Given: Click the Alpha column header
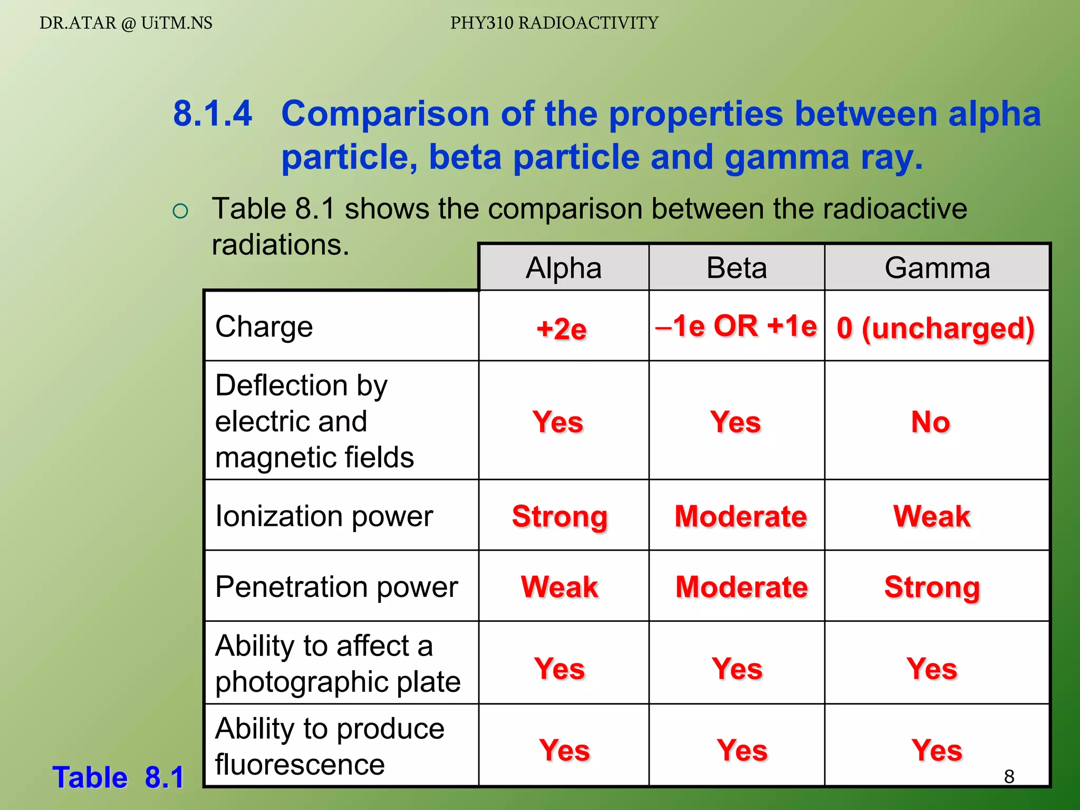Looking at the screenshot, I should (x=563, y=268).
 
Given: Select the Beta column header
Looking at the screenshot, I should (x=736, y=268).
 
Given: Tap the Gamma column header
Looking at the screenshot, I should (x=937, y=268).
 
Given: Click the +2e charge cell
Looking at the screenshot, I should (x=561, y=329).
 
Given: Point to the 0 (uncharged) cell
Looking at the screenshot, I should (x=936, y=328).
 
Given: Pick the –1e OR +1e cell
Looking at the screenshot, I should (x=736, y=326).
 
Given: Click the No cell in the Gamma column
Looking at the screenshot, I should (x=931, y=422).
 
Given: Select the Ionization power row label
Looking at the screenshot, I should (x=324, y=516).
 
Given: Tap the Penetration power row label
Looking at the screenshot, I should (x=336, y=586).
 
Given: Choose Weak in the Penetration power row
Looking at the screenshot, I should (x=560, y=586).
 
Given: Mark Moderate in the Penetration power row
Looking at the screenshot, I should (x=741, y=586).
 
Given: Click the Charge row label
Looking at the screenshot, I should (x=264, y=326).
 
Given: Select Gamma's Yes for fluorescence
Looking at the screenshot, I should (x=937, y=750).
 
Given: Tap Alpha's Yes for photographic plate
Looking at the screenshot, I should (x=560, y=668).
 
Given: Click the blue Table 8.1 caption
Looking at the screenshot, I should (x=118, y=777).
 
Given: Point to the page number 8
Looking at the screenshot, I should (x=1009, y=776).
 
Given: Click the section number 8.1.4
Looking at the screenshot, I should (x=213, y=113).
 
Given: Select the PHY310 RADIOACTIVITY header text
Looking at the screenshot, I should (x=554, y=23).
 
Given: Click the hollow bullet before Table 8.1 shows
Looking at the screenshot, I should (x=180, y=211).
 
